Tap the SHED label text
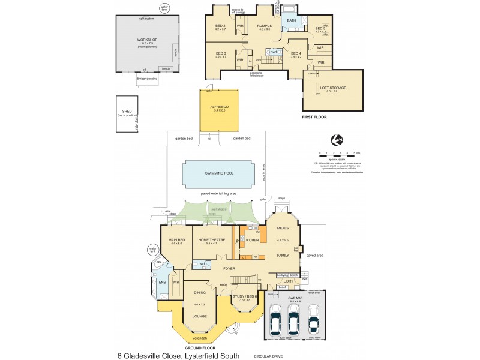127,112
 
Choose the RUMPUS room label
264,26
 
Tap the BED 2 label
220,25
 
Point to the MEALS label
283,228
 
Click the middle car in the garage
293,322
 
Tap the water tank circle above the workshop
164,8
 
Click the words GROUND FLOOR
200,347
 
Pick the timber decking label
145,79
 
